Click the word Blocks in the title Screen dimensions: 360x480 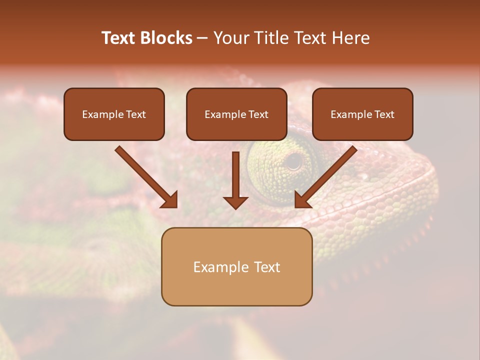coord(166,38)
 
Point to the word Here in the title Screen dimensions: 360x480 coord(350,38)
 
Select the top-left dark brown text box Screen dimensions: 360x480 coord(114,114)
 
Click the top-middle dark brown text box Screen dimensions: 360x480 coord(236,114)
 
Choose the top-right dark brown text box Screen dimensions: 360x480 coord(362,114)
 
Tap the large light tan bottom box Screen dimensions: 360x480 coord(236,266)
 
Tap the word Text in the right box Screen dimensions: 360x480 coord(384,114)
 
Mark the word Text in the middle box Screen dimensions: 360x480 coord(258,114)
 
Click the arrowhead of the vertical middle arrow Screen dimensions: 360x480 coord(235,202)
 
